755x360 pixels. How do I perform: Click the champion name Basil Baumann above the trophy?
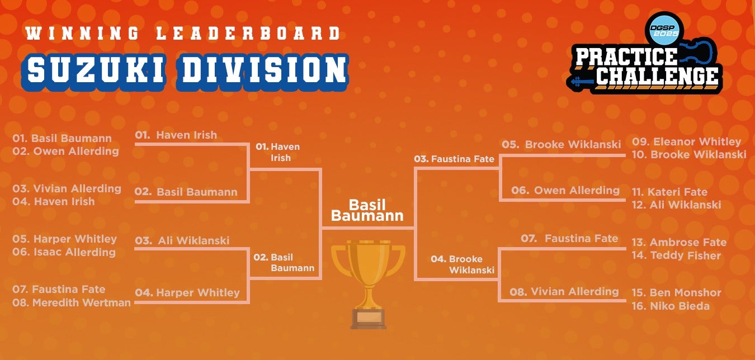(367, 210)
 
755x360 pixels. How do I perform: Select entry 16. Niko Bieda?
(671, 306)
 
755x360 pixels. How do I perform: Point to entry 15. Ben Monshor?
(677, 292)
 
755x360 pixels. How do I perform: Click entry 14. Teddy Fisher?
(676, 255)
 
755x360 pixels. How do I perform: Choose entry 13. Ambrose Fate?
(679, 242)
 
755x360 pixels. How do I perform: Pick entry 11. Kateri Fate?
(669, 192)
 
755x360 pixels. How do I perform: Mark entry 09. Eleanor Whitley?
(687, 141)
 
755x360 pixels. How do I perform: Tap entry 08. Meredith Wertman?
(72, 302)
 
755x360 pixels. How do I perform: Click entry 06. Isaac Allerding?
(64, 252)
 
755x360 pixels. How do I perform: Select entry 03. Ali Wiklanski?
(182, 240)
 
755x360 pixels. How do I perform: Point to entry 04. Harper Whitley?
(187, 292)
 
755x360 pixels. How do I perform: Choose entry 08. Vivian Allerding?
(564, 291)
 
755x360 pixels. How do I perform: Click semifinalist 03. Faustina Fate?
(454, 159)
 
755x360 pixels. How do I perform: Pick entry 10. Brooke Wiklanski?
(689, 154)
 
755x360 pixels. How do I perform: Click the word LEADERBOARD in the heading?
(249, 34)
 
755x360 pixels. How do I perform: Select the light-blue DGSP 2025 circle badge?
(664, 29)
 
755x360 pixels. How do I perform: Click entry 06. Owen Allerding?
(565, 190)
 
